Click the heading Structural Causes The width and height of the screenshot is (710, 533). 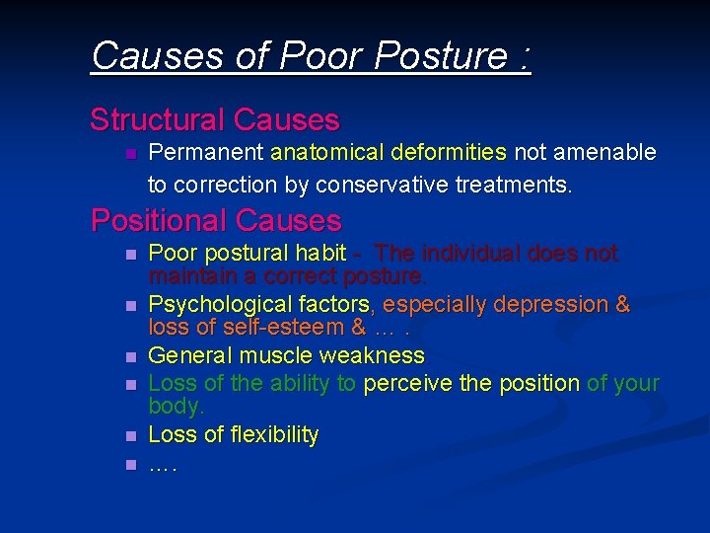(215, 120)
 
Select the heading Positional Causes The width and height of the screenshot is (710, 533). (216, 219)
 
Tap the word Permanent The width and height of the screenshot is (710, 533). (206, 153)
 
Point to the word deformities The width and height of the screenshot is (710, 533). (450, 153)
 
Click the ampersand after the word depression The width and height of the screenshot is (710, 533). (622, 305)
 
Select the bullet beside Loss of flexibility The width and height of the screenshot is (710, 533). (129, 436)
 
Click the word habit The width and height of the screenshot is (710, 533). (321, 254)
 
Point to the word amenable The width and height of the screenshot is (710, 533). (605, 153)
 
